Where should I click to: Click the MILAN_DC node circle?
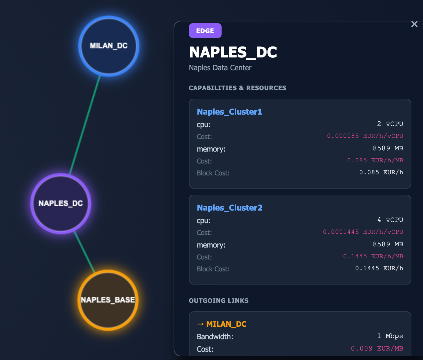coord(109,46)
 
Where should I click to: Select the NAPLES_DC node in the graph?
coord(61,204)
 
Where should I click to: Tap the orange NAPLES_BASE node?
coord(108,300)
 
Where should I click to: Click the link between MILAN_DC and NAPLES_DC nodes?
coord(85,125)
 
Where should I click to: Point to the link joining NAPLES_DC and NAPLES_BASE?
coord(84,252)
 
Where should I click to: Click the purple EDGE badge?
coord(205,31)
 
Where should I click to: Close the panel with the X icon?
coord(414,24)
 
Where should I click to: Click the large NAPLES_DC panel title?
coord(233,52)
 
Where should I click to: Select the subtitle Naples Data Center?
coord(220,68)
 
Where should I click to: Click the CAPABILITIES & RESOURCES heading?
coord(237,88)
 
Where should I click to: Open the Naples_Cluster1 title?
coord(230,112)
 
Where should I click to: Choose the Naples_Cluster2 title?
coord(230,208)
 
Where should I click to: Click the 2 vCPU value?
coord(390,124)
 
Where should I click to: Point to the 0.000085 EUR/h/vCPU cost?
coord(365,136)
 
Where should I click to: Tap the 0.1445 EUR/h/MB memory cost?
coord(373,256)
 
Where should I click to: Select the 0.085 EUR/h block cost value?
coord(381,172)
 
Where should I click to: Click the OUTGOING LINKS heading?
coord(219,301)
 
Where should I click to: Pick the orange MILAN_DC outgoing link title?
coord(222,324)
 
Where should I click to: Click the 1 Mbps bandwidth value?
coord(390,336)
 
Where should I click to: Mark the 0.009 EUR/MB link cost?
coord(377,348)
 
